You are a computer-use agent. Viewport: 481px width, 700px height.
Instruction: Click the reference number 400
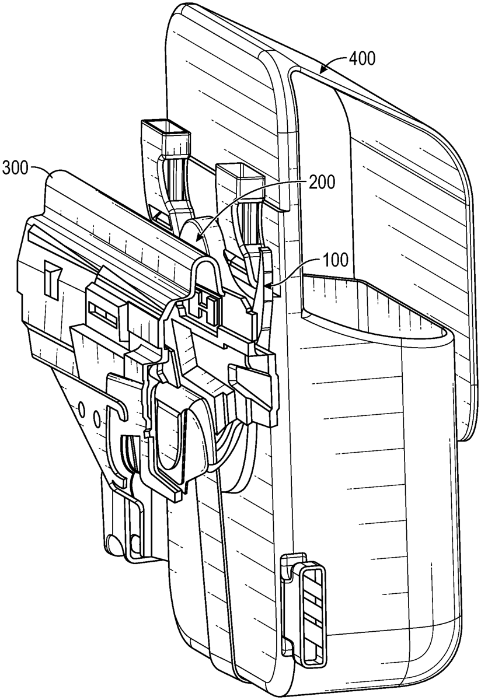(362, 58)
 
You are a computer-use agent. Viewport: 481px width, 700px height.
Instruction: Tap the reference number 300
(15, 169)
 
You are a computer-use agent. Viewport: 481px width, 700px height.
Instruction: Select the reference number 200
(322, 181)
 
